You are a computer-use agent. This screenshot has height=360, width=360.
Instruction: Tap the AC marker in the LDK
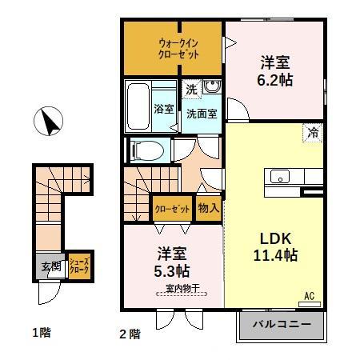(309, 295)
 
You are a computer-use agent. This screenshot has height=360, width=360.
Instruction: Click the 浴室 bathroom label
(163, 109)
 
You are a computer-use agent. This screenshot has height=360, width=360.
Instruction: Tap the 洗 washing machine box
(191, 90)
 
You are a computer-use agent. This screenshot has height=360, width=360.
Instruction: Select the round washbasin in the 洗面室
(211, 88)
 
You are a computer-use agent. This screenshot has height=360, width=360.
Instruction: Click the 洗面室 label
(201, 113)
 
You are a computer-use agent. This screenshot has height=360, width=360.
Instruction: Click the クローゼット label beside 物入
(173, 209)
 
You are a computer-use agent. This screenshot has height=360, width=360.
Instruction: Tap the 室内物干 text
(183, 288)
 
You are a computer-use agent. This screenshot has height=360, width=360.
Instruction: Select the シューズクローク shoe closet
(78, 266)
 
